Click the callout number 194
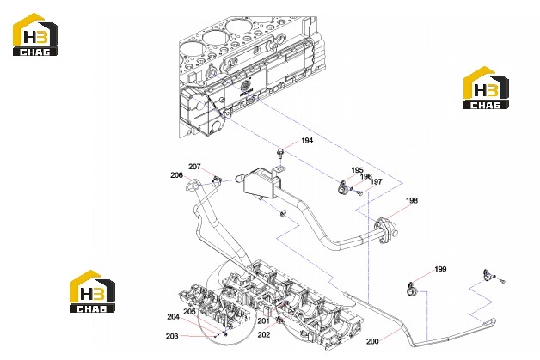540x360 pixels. tap(307, 140)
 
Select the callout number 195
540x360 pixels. tap(357, 170)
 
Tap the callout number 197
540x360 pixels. tap(376, 182)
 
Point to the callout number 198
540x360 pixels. tap(412, 200)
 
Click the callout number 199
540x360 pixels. tap(440, 269)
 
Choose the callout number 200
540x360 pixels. tap(372, 341)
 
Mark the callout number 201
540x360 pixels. tap(263, 320)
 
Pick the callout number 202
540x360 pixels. tap(264, 334)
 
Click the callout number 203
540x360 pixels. tap(172, 336)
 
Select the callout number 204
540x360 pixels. tap(173, 317)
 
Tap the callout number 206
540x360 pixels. tap(176, 175)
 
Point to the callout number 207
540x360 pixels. tap(194, 167)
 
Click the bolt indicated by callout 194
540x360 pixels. tap(280, 153)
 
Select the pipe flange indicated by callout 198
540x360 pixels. tap(385, 229)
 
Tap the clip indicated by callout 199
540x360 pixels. tap(411, 289)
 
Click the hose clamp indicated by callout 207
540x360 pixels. tap(217, 180)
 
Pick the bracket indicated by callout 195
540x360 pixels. tap(343, 188)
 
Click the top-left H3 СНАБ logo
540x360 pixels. tap(35, 34)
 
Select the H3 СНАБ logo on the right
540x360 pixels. tap(486, 88)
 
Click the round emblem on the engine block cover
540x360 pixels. tap(245, 86)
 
